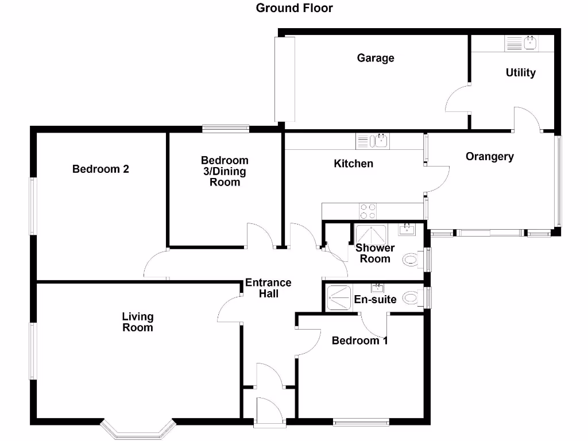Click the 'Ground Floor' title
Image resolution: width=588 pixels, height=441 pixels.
(x=294, y=8)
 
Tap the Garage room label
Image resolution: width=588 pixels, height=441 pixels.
(x=376, y=58)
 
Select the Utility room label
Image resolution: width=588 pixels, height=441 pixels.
(x=520, y=73)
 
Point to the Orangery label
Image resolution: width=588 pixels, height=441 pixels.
(x=489, y=156)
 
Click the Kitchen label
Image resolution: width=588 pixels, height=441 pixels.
(x=353, y=164)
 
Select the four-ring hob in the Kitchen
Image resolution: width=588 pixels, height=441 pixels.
(x=367, y=211)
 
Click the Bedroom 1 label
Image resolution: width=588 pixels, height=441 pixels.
(x=359, y=341)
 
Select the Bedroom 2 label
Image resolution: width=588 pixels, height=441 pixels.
(x=100, y=169)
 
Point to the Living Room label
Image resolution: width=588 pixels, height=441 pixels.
(x=138, y=322)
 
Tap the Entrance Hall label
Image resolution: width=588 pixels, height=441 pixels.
(x=268, y=288)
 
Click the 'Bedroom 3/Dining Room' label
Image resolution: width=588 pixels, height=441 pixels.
(x=225, y=171)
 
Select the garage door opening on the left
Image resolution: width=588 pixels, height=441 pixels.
(x=285, y=79)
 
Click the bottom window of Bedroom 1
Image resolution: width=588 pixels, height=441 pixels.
(x=361, y=423)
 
